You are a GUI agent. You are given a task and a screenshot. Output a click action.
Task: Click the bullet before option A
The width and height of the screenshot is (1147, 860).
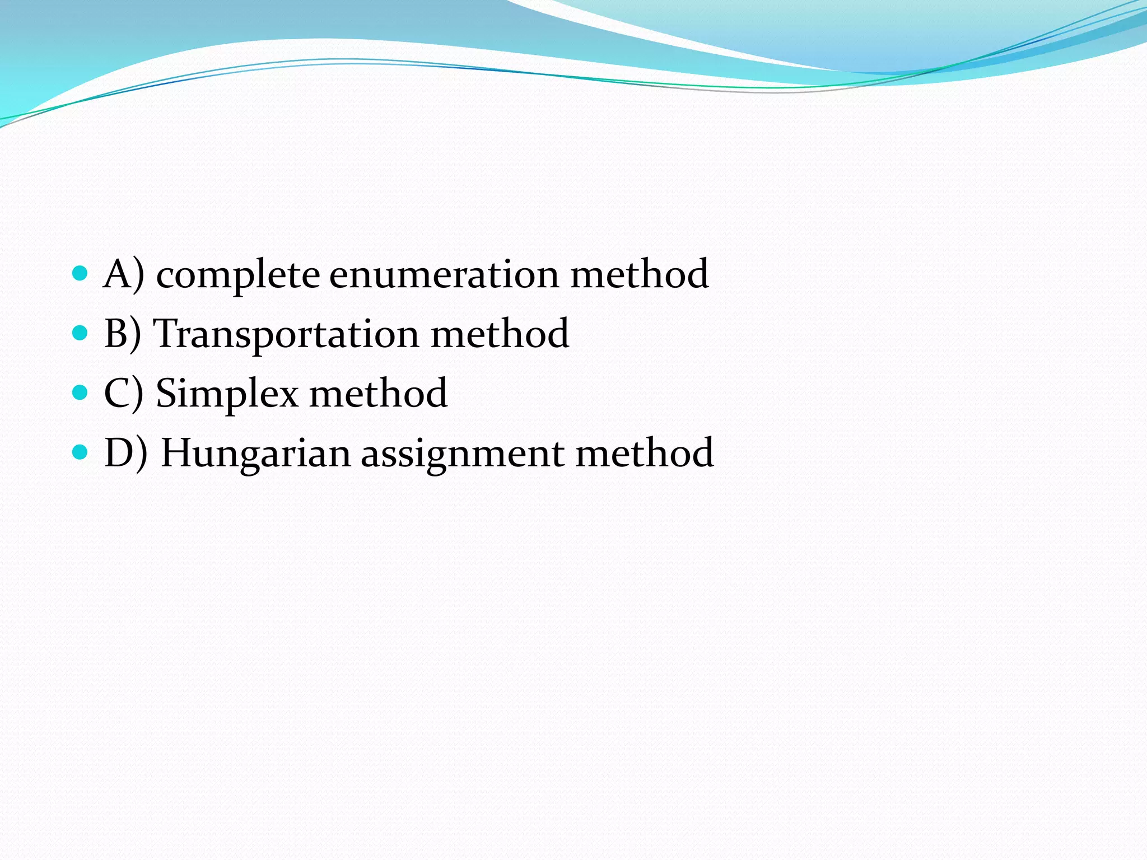(x=81, y=273)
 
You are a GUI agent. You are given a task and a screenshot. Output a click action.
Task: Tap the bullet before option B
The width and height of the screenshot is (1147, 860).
(x=81, y=333)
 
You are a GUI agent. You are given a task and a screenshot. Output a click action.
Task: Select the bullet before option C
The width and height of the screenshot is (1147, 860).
(x=81, y=392)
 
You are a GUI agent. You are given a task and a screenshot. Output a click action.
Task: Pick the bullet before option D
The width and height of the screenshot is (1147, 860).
(x=81, y=452)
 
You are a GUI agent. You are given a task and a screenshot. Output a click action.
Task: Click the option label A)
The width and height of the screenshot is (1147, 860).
(x=124, y=274)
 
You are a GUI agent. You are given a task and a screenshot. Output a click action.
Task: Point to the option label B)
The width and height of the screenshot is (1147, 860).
(x=123, y=334)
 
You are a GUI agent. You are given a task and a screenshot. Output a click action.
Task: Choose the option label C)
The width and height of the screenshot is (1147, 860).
(x=124, y=394)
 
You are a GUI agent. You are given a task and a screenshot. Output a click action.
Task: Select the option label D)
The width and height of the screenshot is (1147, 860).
(x=126, y=453)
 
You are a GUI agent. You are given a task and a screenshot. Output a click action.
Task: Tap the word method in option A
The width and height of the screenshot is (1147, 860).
(x=639, y=274)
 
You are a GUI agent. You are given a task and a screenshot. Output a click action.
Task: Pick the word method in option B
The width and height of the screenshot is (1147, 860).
(x=500, y=334)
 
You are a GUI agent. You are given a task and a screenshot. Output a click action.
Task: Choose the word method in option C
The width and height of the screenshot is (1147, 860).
(x=378, y=393)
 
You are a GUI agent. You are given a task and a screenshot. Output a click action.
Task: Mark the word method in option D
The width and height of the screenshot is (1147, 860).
(x=645, y=452)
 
